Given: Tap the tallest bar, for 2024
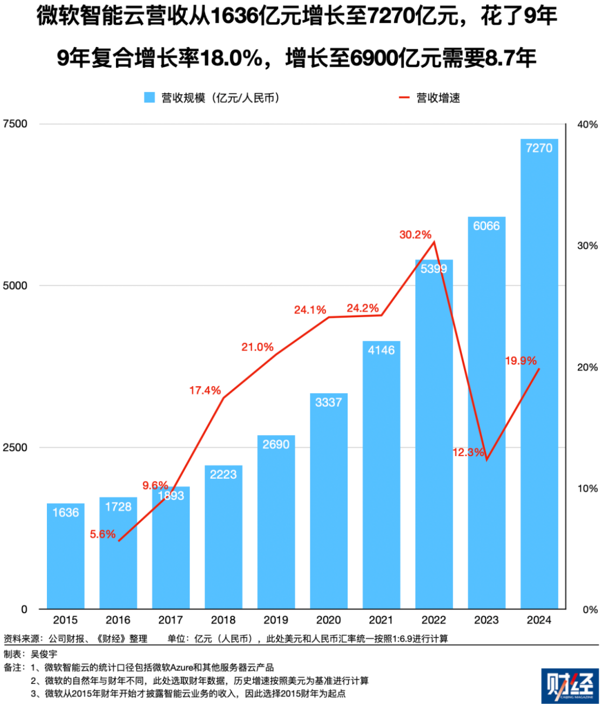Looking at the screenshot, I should tap(539, 377).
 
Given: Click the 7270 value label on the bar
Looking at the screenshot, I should tap(539, 148).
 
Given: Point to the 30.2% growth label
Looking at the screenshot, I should tap(415, 235).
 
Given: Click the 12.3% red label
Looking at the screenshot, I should tap(468, 452).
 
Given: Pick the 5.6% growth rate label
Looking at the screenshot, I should tap(102, 534).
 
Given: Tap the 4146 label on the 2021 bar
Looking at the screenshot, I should tap(381, 350).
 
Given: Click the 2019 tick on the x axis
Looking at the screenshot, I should tap(276, 620).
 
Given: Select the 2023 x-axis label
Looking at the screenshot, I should tap(486, 620).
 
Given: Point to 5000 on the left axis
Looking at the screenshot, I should tap(15, 285).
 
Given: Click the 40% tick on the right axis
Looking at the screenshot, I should tap(587, 125).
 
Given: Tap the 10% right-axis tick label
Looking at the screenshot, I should tap(587, 489).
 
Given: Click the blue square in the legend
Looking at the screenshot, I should tap(149, 97).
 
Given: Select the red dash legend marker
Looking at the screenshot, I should tap(404, 97).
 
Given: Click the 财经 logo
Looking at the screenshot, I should tap(570, 686).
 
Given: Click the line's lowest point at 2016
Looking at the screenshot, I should tap(119, 541).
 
